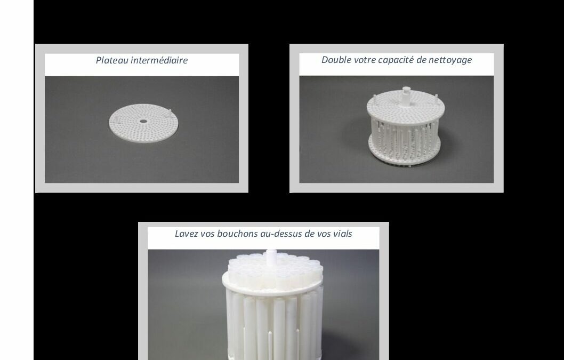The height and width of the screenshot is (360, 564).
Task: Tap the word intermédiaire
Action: click(159, 60)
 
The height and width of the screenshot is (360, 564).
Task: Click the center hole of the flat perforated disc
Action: click(143, 121)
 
